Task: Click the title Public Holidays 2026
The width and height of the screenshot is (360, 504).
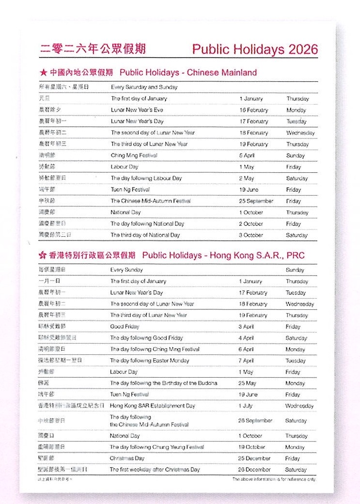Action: pyautogui.click(x=255, y=49)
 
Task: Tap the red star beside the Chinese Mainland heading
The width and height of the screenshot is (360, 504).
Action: pyautogui.click(x=43, y=73)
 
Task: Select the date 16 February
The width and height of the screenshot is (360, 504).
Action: pyautogui.click(x=253, y=110)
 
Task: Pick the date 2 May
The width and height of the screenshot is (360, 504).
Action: pyautogui.click(x=246, y=178)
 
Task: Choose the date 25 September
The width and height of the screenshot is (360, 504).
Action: pyautogui.click(x=256, y=201)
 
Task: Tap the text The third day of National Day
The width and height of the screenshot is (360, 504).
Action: pyautogui.click(x=145, y=235)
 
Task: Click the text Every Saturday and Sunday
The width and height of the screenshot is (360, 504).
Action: pyautogui.click(x=144, y=87)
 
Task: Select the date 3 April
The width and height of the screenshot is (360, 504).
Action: pyautogui.click(x=246, y=327)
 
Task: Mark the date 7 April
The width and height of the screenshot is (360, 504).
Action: pyautogui.click(x=246, y=361)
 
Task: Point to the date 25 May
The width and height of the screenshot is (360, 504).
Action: pyautogui.click(x=247, y=383)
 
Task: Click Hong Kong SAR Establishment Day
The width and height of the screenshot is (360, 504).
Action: pyautogui.click(x=152, y=406)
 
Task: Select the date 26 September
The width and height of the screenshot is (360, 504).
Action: pyautogui.click(x=255, y=421)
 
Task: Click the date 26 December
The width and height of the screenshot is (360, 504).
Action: pyautogui.click(x=254, y=470)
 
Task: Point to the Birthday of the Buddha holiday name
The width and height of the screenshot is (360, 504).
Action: pyautogui.click(x=163, y=383)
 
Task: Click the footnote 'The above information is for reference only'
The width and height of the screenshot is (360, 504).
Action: pyautogui.click(x=274, y=479)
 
